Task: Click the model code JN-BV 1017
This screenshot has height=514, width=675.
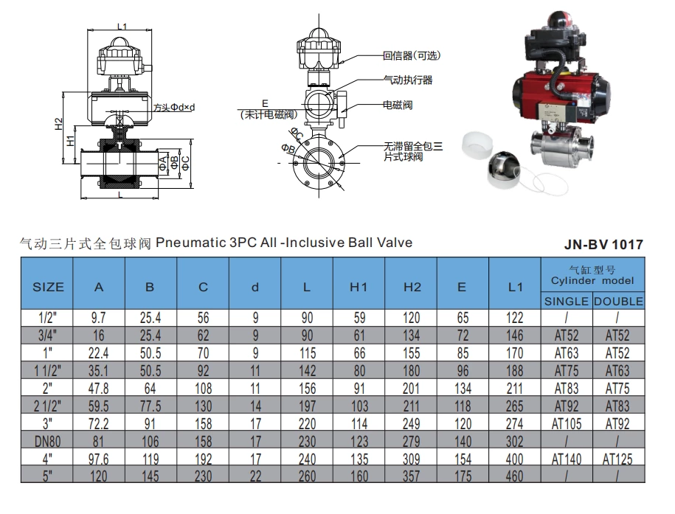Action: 603,244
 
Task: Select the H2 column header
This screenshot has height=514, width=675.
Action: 412,287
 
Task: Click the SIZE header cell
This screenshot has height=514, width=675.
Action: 48,287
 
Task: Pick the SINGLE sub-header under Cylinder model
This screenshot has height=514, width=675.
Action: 567,301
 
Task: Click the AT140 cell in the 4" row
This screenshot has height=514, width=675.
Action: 567,459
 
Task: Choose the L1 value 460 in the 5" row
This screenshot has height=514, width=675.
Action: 516,475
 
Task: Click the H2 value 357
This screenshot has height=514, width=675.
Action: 412,475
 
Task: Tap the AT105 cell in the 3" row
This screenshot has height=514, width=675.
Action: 567,424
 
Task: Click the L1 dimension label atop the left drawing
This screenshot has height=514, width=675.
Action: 122,27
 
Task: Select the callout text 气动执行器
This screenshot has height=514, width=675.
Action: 407,80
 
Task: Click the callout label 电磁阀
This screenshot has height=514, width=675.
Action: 397,105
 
